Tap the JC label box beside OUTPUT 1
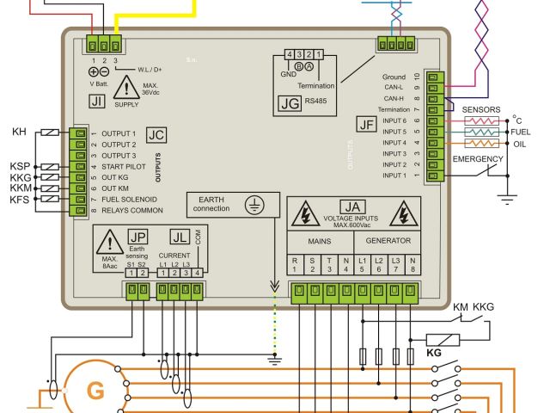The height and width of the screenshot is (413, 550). [156, 135]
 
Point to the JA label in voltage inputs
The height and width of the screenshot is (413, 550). [351, 207]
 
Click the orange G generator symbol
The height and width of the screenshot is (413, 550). [96, 391]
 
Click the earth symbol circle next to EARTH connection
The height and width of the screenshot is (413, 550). [254, 206]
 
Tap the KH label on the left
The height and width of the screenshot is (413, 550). [19, 132]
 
